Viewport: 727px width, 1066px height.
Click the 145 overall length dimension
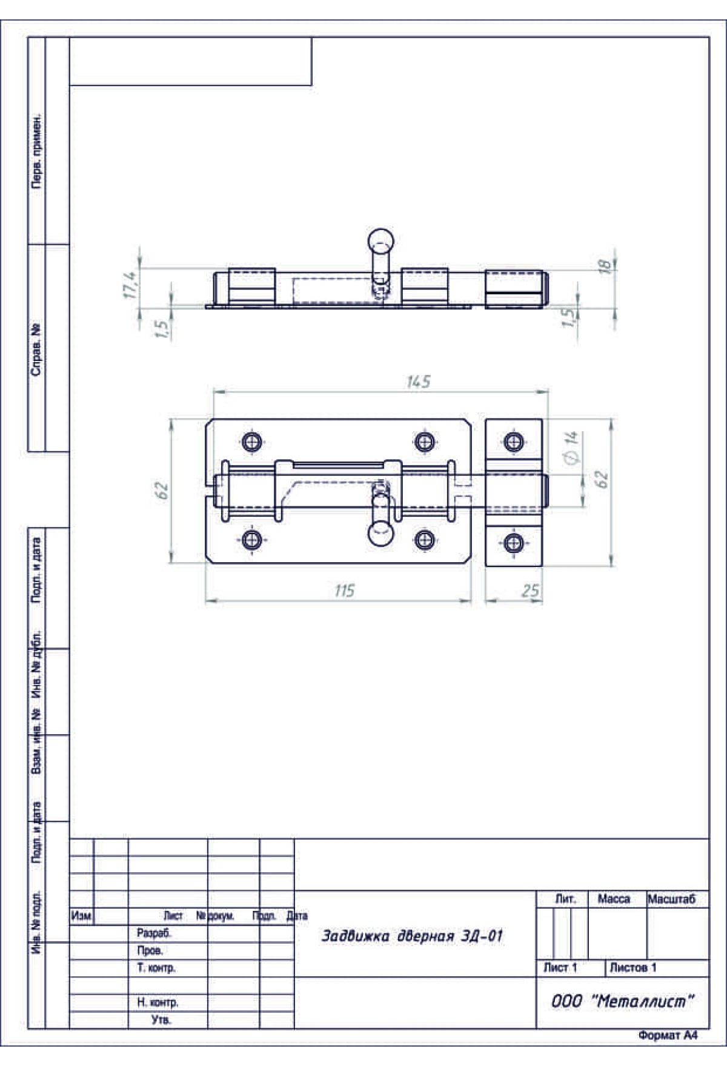(x=418, y=382)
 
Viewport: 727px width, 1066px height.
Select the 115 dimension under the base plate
(x=344, y=591)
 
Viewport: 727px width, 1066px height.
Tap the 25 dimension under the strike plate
(x=530, y=591)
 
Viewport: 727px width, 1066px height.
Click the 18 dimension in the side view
(x=605, y=266)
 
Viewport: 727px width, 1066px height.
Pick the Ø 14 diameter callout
(x=571, y=448)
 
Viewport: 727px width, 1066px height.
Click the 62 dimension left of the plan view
(x=161, y=491)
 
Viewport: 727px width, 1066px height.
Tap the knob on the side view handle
(x=381, y=240)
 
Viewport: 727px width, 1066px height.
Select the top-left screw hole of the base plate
(x=252, y=442)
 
